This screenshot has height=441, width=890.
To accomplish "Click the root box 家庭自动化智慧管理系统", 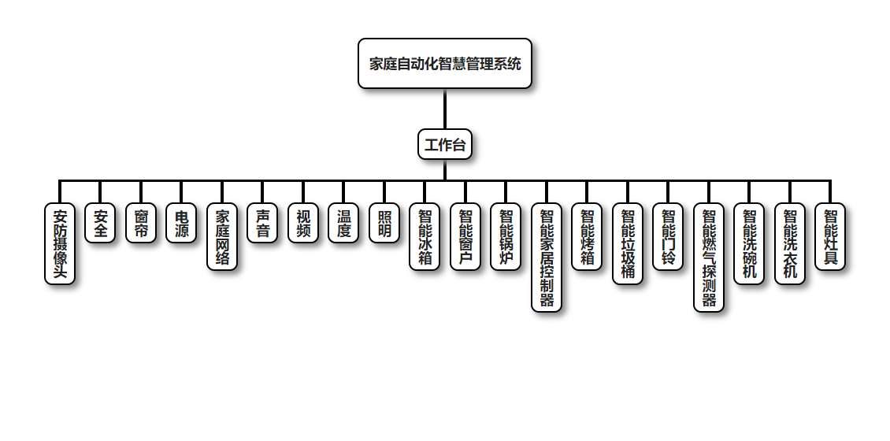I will coord(445,64).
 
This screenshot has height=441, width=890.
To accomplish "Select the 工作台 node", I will coord(445,144).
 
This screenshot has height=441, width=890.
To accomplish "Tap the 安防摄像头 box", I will coord(60,243).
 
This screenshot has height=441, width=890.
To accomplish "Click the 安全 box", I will coord(100,223).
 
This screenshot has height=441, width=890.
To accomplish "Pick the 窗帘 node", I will coord(141,223).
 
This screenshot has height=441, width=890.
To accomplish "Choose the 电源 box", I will coord(181,223).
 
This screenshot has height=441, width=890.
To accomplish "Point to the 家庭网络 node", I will coord(222,237).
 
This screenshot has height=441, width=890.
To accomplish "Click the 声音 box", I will coord(262,223).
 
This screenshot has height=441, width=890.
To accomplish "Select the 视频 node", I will coord(303,223).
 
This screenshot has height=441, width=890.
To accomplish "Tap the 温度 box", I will coord(343,223).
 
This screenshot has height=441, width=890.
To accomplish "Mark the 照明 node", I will coord(384,223).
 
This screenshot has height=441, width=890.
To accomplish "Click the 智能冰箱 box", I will coord(425,237).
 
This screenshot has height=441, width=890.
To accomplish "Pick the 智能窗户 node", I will coord(465,237).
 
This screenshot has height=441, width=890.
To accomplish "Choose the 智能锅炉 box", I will coord(506,237).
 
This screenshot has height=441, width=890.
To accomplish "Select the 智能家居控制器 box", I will coord(547,258).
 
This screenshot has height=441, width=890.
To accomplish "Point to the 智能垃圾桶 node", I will coord(628,243).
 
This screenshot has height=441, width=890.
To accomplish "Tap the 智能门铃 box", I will coord(668,237).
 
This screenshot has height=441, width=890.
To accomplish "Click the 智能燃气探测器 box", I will coord(709,258).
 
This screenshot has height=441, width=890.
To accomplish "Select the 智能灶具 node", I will coord(830,237).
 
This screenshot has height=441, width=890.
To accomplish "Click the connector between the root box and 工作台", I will coord(445,109).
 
